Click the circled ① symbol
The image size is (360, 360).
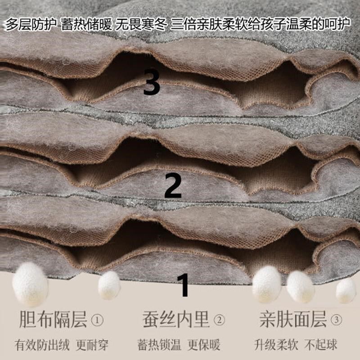click(97, 321)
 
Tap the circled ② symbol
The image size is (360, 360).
click(219, 321)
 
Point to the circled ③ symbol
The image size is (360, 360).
click(336, 321)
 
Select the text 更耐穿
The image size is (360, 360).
click(93, 345)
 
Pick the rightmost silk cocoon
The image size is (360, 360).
click(346, 291)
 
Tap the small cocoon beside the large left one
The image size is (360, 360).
click(109, 284)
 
